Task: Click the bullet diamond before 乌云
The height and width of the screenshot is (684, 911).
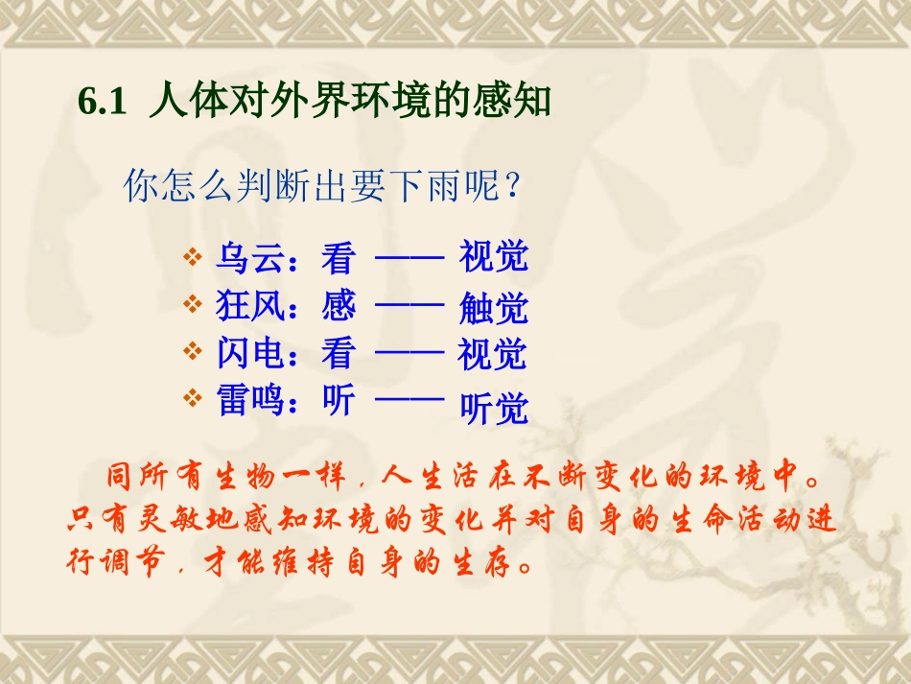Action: (192, 258)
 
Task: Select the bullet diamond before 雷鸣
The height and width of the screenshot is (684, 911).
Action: (192, 397)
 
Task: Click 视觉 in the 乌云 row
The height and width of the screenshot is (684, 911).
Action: (493, 257)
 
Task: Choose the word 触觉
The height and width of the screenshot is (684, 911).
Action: (493, 308)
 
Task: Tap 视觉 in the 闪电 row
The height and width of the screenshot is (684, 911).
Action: (493, 354)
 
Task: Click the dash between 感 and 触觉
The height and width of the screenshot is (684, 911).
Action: (409, 306)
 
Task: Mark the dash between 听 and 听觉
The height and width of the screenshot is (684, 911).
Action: (409, 397)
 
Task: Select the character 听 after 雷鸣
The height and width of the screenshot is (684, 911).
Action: (339, 400)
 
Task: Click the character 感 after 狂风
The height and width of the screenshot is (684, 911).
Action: (339, 306)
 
